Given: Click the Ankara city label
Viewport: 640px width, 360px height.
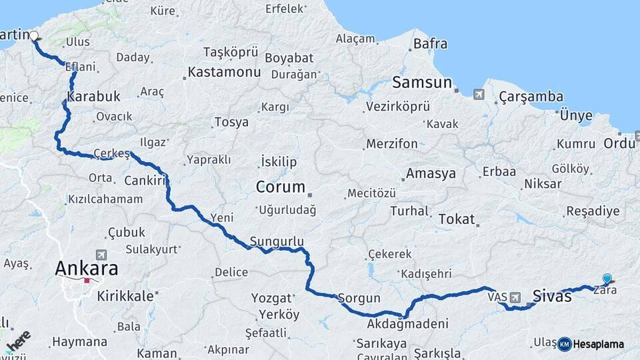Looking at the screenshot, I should point(87,269).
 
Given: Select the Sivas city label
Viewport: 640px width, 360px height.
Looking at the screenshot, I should point(552,296).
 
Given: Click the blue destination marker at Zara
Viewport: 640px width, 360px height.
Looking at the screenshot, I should point(607,279).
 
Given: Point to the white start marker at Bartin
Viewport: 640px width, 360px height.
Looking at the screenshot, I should point(34,37).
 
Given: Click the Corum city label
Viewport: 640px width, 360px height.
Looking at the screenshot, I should point(281,187).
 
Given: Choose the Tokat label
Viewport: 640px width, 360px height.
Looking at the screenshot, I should point(457,219).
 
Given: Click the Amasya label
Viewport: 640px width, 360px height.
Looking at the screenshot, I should point(431,173).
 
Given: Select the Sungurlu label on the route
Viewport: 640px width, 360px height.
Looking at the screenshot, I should point(277,241).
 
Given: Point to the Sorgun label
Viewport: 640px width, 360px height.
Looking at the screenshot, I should point(359,298).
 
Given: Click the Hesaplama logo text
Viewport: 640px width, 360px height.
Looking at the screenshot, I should point(599,344).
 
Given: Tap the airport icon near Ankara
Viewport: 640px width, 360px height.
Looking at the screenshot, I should point(101,254).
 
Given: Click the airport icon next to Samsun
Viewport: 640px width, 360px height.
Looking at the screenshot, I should point(479,94).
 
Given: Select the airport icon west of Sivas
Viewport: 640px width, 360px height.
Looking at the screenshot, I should point(515,298).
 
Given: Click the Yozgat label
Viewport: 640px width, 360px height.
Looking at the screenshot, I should point(271,298).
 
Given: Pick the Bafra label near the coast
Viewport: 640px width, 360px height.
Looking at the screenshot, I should point(430,45).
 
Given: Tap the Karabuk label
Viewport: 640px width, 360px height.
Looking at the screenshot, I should point(93,96).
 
